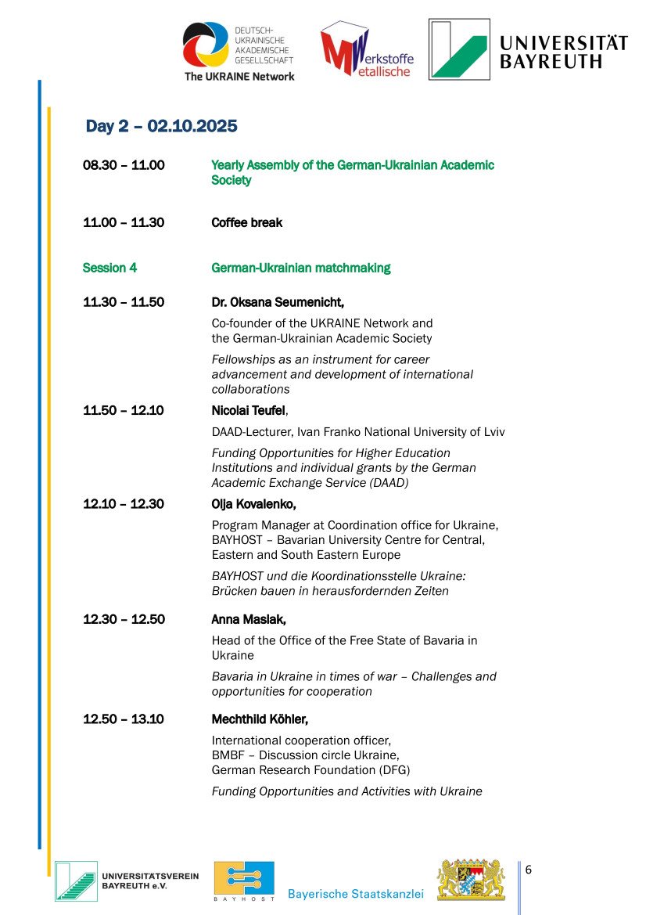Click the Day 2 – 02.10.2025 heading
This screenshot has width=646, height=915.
161,126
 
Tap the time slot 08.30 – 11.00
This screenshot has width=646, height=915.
124,165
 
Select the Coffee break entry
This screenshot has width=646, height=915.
246,222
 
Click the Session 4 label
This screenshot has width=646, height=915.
109,268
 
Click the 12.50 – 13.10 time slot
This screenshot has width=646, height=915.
124,719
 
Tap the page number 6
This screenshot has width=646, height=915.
529,870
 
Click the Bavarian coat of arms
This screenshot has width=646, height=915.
471,880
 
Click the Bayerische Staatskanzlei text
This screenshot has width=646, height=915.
355,894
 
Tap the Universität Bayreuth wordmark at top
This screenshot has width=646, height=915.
563,52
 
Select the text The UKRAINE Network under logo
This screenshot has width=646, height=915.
239,76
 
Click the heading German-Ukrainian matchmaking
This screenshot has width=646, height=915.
300,268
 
